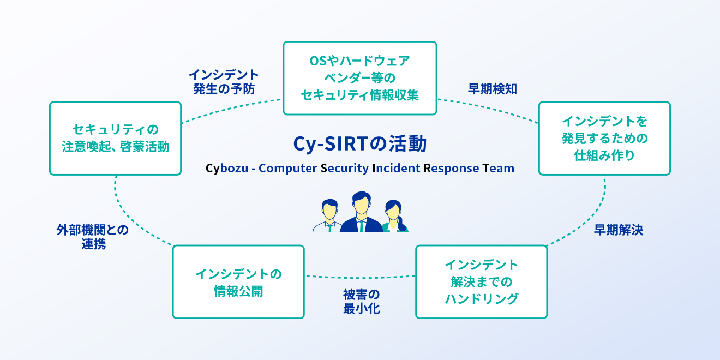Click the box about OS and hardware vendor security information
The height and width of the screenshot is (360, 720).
click(359, 78)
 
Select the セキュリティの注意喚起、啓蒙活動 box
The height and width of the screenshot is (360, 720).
click(116, 139)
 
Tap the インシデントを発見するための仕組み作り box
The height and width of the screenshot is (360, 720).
click(604, 139)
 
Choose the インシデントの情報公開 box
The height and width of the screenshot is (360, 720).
click(238, 282)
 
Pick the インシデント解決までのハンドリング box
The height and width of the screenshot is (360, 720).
click(482, 282)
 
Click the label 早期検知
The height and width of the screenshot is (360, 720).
click(492, 89)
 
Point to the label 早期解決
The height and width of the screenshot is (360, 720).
click(618, 230)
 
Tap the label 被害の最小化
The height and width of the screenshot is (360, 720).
click(362, 301)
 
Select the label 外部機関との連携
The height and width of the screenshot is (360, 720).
click(93, 237)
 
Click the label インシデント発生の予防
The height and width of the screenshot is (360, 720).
click(224, 82)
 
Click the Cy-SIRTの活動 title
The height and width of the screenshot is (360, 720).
click(360, 143)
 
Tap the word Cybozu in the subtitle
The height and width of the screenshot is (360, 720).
click(227, 168)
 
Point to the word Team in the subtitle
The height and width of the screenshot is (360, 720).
click(498, 168)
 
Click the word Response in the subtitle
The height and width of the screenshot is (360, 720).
click(451, 169)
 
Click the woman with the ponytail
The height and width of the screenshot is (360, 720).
click(395, 216)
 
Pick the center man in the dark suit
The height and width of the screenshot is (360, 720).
click(362, 212)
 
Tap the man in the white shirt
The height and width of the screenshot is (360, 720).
click(328, 215)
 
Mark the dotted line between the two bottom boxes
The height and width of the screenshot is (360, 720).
click(360, 277)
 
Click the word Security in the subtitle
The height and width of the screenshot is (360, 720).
click(345, 169)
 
